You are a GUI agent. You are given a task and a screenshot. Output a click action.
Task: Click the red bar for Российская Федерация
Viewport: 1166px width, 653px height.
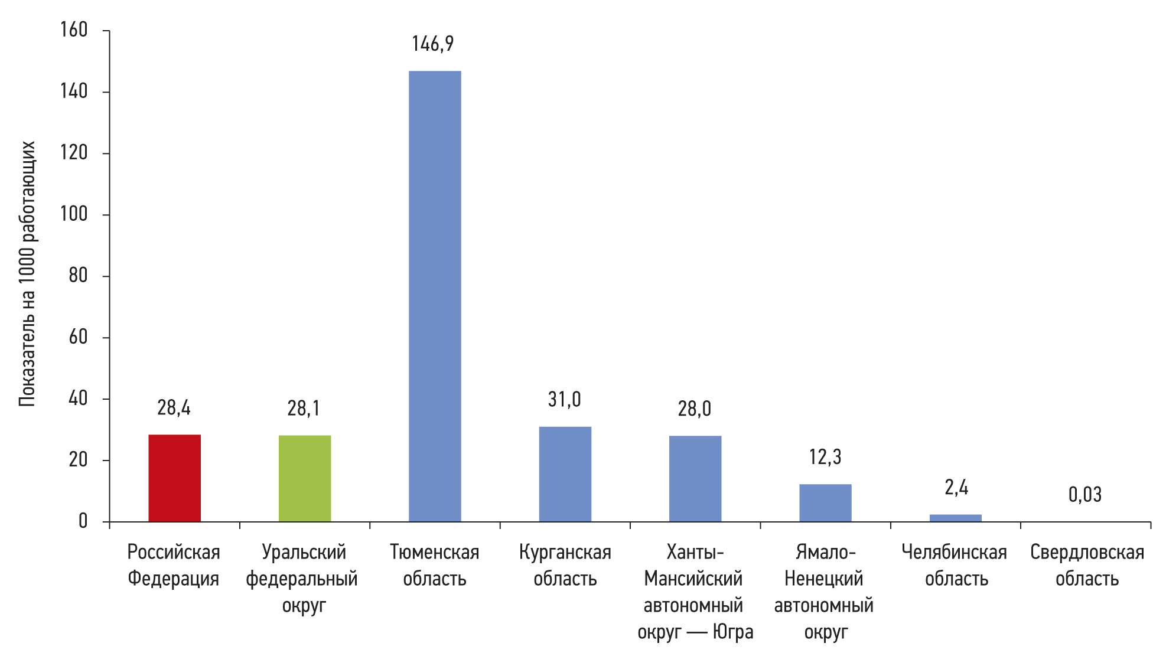coord(174,478)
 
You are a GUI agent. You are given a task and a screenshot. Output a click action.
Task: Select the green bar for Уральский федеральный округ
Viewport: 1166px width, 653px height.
coord(305,478)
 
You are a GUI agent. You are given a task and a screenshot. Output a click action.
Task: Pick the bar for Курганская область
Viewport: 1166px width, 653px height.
coord(565,474)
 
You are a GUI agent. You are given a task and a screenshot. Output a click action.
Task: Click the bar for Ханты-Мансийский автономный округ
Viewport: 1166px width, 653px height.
coord(695,478)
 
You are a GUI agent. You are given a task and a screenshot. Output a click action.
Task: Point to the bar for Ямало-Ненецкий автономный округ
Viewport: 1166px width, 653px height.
coord(825,502)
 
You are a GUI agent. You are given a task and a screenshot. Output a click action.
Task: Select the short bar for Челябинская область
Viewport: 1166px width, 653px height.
coord(955,518)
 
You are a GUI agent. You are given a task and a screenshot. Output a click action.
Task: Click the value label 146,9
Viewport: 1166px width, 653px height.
coord(433,44)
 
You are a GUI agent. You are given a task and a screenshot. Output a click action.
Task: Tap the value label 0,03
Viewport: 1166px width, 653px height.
coord(1085,495)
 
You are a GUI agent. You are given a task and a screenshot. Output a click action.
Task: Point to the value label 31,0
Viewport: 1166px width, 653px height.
coord(565,400)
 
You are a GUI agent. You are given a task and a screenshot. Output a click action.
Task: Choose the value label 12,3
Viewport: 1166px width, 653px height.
coord(825,457)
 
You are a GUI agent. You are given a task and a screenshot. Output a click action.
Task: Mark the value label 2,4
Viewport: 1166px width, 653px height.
coord(956,488)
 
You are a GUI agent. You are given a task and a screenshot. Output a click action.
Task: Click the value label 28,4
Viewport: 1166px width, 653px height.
coord(174,408)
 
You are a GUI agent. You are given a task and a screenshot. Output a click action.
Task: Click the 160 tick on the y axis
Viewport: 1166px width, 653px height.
coord(74,30)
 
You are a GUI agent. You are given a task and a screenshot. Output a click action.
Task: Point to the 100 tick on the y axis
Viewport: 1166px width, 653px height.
coord(74,214)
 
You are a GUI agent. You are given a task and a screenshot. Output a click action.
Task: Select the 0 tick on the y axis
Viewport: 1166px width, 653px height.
coord(83,521)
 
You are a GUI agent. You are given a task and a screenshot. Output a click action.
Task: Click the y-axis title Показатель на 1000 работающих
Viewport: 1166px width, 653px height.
coord(27,274)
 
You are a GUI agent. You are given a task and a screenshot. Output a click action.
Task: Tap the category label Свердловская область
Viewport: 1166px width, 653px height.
coord(1087,565)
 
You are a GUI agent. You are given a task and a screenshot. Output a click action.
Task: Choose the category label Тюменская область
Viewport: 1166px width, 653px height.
coord(435,565)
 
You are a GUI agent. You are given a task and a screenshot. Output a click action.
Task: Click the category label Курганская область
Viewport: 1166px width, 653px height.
coord(565,565)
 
